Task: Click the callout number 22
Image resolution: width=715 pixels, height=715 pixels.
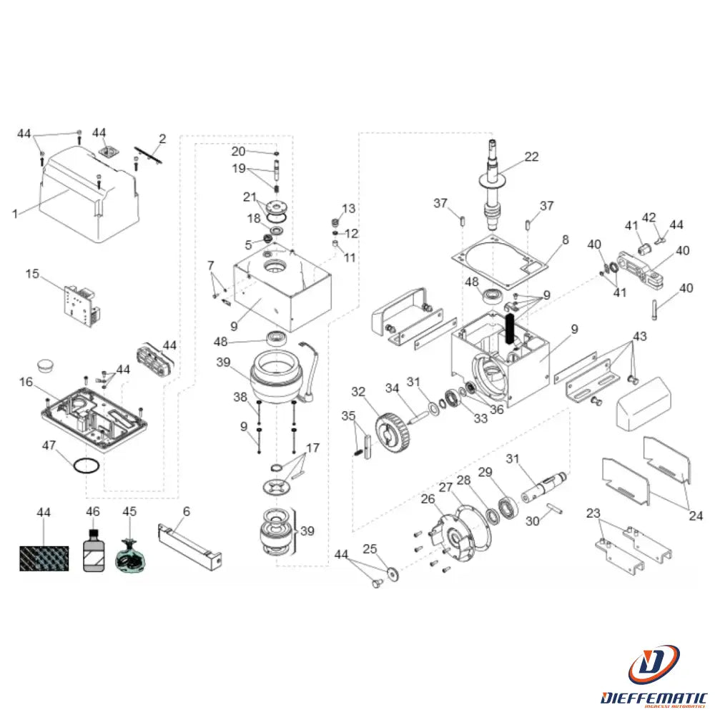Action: pos(531,157)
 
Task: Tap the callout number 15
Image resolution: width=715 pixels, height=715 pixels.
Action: pos(31,273)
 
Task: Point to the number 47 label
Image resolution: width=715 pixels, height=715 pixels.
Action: pos(49,445)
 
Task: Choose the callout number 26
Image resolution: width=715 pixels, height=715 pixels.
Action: pos(428,498)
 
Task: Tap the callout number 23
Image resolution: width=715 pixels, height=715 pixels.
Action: pos(593,513)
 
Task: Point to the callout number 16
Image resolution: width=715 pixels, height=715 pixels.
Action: pos(26,383)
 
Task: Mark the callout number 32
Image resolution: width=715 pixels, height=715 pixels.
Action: pos(357,391)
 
